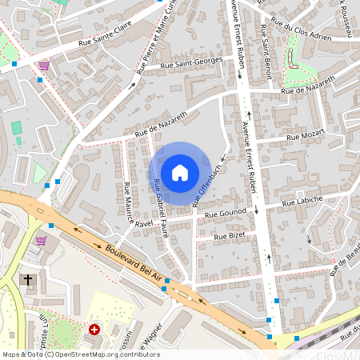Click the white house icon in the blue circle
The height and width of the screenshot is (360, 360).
coord(180,173)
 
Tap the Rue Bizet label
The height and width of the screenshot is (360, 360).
coord(230,235)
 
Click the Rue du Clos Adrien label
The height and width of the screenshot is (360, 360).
coord(300,30)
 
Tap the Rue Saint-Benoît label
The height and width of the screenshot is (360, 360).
coord(264,50)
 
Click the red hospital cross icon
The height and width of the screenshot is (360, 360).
coord(94,329)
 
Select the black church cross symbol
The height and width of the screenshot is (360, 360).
coord(28,280)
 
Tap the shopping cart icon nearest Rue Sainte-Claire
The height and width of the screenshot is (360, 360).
coord(44,66)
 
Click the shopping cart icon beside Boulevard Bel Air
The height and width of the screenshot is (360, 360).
coord(40,239)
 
